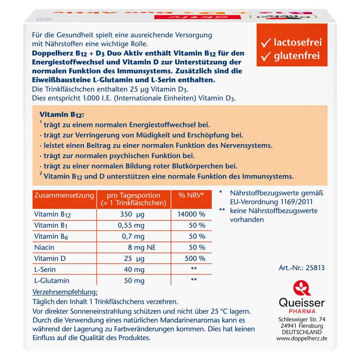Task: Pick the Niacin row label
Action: click(44, 247)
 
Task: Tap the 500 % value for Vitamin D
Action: click(194, 259)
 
